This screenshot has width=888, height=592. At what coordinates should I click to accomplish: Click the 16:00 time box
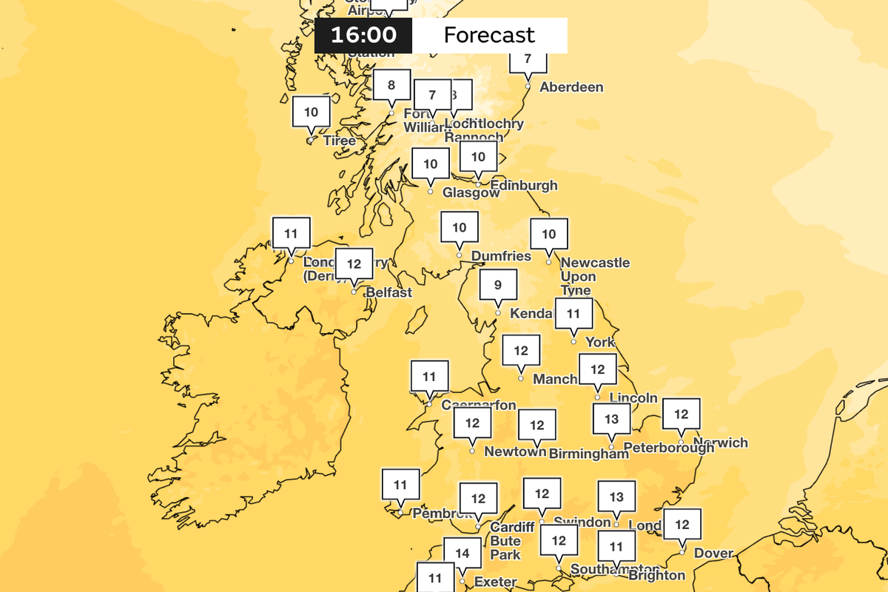[363, 35]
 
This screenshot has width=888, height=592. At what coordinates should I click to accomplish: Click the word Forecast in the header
[488, 35]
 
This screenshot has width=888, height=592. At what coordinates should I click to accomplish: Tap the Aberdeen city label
[571, 87]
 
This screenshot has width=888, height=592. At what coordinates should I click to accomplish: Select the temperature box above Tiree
[311, 112]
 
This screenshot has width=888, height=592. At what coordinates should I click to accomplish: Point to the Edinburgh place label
[524, 185]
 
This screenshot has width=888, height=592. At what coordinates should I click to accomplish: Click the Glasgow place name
[471, 192]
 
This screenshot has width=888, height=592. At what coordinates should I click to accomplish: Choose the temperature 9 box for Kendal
[498, 285]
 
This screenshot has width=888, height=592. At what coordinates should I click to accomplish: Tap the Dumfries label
[501, 256]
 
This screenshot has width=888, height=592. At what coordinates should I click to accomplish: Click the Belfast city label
[388, 292]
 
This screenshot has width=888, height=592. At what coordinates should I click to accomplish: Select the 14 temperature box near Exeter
[462, 552]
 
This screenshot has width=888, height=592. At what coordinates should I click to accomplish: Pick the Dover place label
[714, 553]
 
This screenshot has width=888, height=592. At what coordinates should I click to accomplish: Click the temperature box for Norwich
[681, 414]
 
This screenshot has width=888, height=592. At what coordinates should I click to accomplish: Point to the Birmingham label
[589, 454]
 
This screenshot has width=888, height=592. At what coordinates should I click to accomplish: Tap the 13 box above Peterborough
[611, 420]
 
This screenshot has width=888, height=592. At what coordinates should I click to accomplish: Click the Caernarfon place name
[479, 405]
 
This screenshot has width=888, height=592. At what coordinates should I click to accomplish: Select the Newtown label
[515, 451]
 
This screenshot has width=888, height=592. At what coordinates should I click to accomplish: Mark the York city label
[600, 342]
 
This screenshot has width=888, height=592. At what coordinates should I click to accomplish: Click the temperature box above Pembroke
[400, 485]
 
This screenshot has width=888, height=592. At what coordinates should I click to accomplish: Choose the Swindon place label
[582, 522]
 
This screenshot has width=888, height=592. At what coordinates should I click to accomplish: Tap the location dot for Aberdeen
[528, 87]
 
